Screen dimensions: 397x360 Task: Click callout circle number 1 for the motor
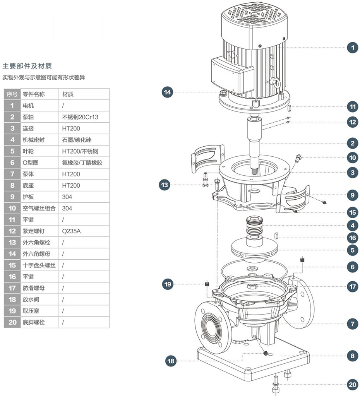352,48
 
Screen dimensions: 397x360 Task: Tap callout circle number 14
168,92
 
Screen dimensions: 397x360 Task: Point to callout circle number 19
168,284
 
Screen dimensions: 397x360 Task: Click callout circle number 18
171,361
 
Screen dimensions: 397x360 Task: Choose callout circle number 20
352,385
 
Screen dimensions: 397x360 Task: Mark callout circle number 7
352,323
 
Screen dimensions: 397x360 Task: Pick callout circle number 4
352,225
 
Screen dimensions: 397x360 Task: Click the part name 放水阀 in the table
31,299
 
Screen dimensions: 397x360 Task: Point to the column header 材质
68,94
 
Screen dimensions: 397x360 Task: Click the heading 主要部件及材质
27,66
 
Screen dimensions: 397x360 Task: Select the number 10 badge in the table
12,208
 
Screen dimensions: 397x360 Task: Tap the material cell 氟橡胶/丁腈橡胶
82,163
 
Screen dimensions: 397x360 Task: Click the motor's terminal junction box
232,74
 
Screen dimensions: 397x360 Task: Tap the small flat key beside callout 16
276,234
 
